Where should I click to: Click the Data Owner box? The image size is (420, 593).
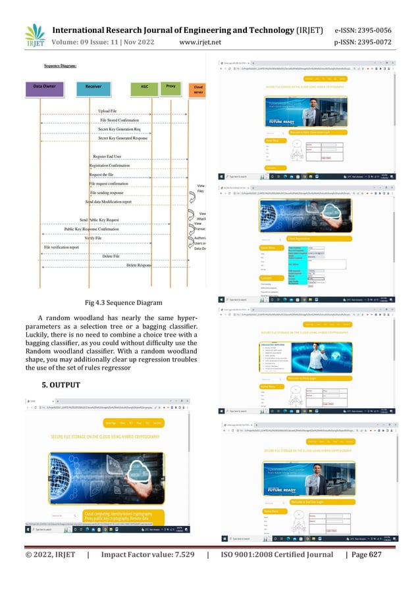click(x=47, y=86)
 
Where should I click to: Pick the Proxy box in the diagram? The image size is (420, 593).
click(x=170, y=85)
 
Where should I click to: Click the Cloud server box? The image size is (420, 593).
click(x=197, y=88)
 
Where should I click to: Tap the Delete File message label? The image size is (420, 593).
click(x=112, y=256)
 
